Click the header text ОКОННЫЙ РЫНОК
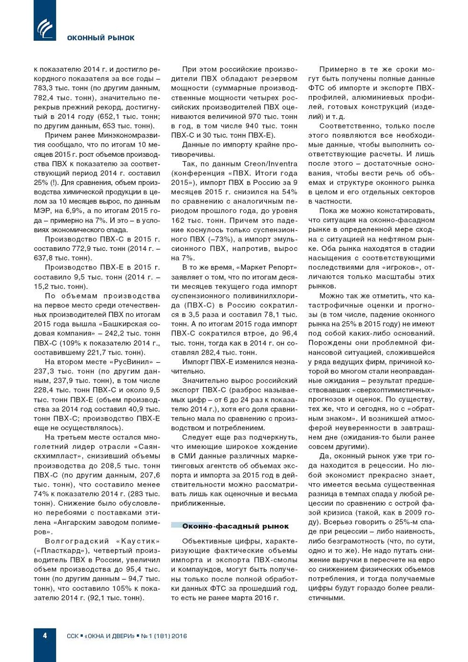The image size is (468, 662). [101, 38]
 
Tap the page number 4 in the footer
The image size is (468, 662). [45, 635]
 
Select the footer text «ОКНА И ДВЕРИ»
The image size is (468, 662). [110, 636]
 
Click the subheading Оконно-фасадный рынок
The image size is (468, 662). [235, 526]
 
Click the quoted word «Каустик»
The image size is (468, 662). [138, 541]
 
